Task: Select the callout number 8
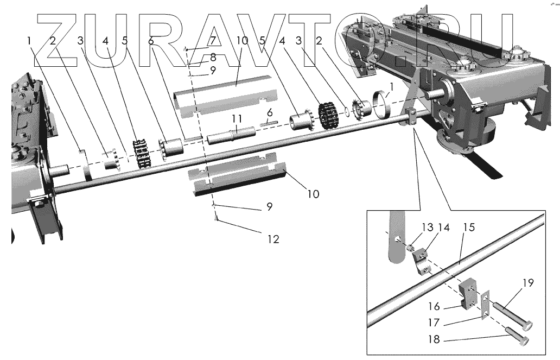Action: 213,56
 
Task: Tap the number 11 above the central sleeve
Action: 237,118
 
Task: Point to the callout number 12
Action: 273,238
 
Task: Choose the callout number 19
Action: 528,283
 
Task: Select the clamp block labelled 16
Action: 469,294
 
